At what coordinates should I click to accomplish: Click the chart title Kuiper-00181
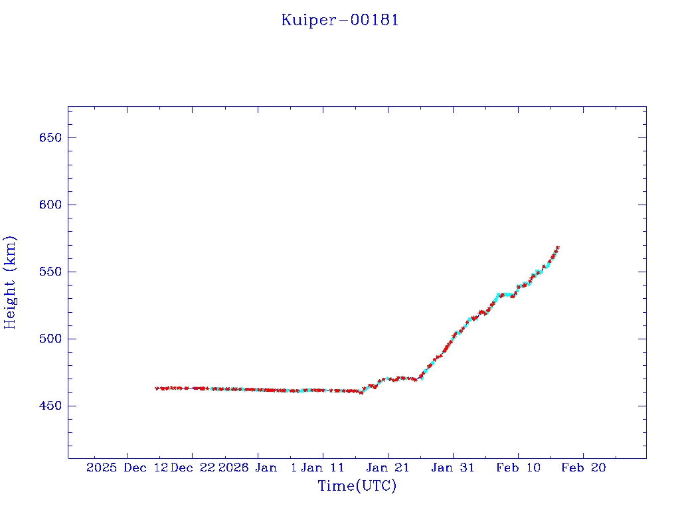click(x=340, y=20)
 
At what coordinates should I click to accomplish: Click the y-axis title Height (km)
click(x=11, y=282)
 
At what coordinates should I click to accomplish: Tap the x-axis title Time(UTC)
click(x=357, y=486)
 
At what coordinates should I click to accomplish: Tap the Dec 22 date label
click(x=192, y=467)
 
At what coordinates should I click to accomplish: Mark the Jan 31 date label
click(x=453, y=467)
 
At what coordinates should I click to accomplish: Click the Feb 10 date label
click(x=519, y=467)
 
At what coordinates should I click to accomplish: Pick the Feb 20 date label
click(x=584, y=467)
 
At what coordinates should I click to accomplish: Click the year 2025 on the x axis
click(x=102, y=467)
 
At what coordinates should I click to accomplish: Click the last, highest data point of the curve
click(x=558, y=248)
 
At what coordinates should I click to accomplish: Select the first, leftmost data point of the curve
click(x=157, y=388)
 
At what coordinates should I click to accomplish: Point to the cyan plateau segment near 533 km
click(x=505, y=294)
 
